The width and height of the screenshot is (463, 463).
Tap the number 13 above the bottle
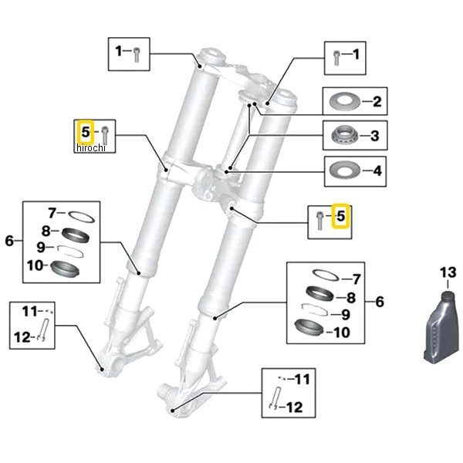448,272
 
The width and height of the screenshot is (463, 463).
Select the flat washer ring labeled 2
343,101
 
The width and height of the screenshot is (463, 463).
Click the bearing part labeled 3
343,137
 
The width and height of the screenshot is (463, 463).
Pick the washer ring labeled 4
342,169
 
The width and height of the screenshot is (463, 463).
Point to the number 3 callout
374,137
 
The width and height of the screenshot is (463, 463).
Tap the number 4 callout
377,170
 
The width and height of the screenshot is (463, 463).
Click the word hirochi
90,147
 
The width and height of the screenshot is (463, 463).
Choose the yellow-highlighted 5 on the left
86,131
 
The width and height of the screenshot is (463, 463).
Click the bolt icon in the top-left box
137,53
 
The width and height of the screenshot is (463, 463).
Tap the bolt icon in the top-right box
336,56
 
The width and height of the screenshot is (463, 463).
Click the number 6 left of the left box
9,241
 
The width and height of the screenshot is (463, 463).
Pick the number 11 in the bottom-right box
302,379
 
